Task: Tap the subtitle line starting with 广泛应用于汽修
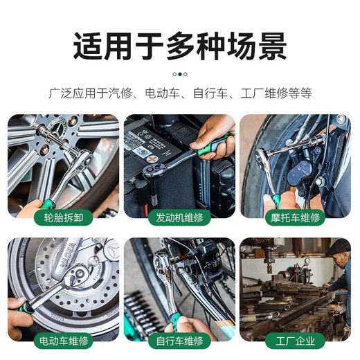coord(179,92)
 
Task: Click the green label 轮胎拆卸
coord(64,217)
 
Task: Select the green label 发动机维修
coord(179,217)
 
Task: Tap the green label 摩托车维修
coord(296,217)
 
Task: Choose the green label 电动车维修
coord(64,341)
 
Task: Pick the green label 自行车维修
coord(179,341)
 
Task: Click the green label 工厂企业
coord(296,341)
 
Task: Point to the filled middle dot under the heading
coord(179,73)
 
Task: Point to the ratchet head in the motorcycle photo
coord(263,158)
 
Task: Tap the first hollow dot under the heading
coord(173,73)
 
